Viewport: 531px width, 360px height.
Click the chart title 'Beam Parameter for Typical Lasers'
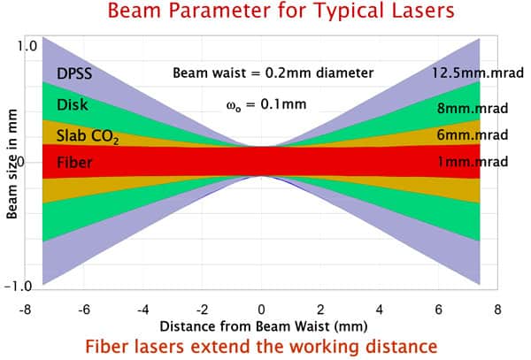265,13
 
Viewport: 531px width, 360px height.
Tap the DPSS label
74,73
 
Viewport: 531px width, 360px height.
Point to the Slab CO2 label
87,136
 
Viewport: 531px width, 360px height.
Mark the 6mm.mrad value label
475,135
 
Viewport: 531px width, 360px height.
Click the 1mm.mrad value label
475,162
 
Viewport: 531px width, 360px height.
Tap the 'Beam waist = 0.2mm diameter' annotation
273,73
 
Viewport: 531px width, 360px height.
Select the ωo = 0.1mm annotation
266,104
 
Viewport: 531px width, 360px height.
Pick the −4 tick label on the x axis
142,310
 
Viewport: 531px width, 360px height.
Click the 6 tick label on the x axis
438,310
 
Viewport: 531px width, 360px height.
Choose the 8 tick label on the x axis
497,310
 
